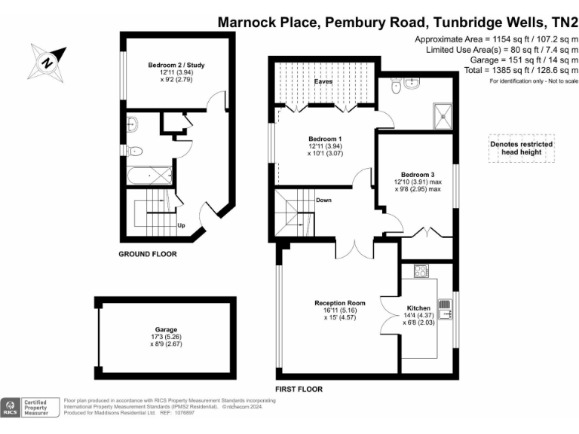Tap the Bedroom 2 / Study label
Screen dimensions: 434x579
click(176, 66)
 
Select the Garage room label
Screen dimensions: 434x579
click(166, 330)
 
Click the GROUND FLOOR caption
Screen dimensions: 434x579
click(148, 254)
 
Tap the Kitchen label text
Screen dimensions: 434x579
click(418, 308)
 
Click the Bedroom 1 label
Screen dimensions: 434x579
click(325, 139)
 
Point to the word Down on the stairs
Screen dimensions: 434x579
click(323, 200)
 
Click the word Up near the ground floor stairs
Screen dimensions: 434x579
click(181, 225)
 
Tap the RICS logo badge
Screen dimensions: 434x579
click(12, 407)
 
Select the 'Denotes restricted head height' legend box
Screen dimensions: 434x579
click(521, 148)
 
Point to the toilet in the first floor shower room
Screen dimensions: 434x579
click(395, 87)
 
